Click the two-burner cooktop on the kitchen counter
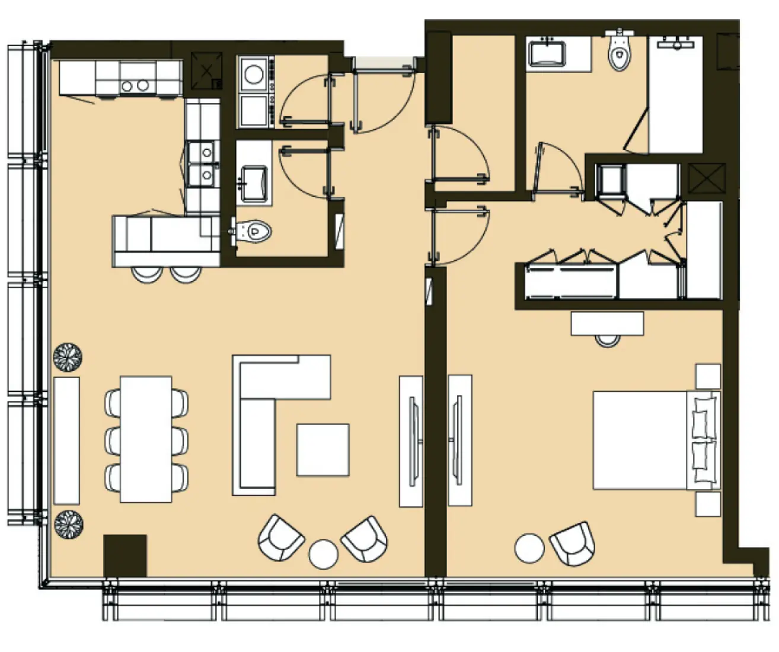pos(135,85)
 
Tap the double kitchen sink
pos(202,162)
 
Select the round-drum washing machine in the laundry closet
pos(254,74)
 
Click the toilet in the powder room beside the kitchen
pos(255,231)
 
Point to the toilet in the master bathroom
pos(618,55)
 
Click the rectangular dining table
pos(146,439)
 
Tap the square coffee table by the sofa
pos(323,450)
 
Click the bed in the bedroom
pos(646,440)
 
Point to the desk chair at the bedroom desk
pos(607,340)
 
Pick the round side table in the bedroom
pos(529,548)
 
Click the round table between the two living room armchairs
pos(323,554)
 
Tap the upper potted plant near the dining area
pos(68,357)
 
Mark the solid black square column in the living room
pos(125,555)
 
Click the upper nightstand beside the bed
pos(708,376)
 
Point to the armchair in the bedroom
pos(572,543)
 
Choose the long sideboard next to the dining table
pos(66,440)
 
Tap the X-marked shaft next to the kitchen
pos(206,72)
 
